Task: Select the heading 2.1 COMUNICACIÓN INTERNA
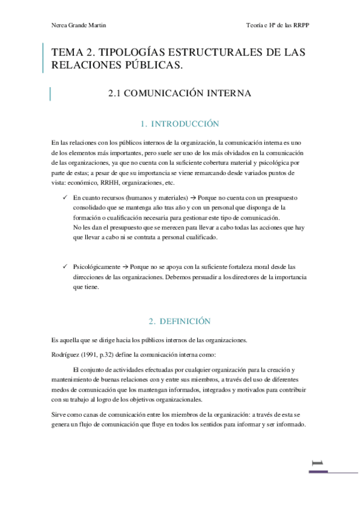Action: pyautogui.click(x=178, y=94)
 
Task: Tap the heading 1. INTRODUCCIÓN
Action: pyautogui.click(x=179, y=124)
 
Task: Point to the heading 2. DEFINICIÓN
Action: pyautogui.click(x=179, y=322)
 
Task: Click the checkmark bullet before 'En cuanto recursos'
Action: pyautogui.click(x=64, y=198)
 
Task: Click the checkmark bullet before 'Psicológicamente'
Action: pyautogui.click(x=64, y=266)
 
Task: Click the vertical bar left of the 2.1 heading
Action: pyautogui.click(x=49, y=94)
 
